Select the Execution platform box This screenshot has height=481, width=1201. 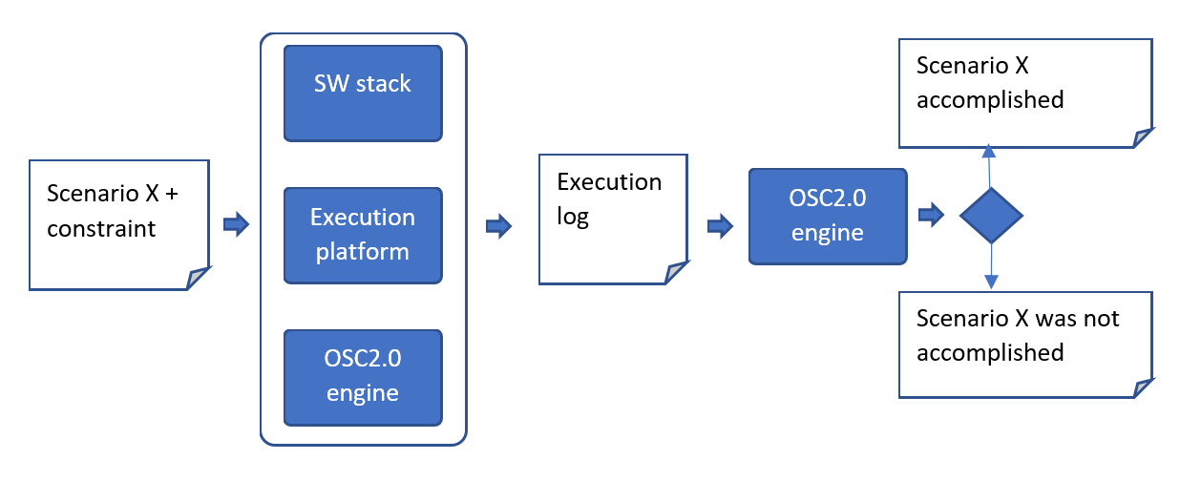[x=363, y=235]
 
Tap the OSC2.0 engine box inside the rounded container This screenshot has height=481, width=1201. [x=363, y=377]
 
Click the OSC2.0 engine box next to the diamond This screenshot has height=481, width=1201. [x=827, y=217]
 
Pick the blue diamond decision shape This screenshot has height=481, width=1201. [x=991, y=216]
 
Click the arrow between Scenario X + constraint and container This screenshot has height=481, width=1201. [x=235, y=225]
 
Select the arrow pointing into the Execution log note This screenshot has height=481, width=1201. [x=498, y=226]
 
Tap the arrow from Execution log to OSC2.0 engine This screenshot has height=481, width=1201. [x=720, y=226]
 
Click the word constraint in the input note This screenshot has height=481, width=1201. [x=101, y=229]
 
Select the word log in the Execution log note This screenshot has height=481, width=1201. [x=573, y=217]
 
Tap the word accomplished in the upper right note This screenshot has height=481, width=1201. [x=989, y=99]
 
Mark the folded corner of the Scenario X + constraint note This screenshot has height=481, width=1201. [x=199, y=278]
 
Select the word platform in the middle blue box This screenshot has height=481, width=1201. [x=363, y=252]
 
